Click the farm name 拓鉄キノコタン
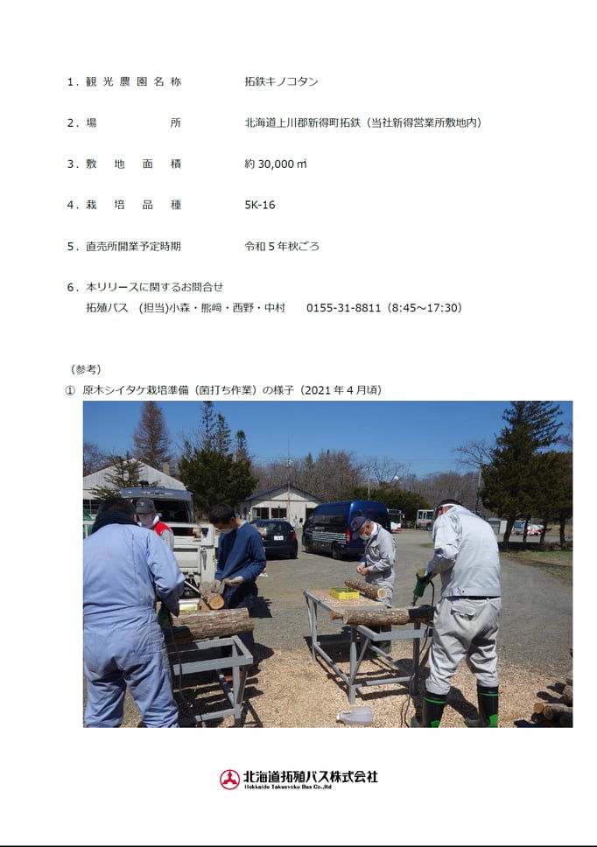tap(281, 81)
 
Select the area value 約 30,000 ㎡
tap(276, 164)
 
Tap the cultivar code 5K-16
tap(260, 205)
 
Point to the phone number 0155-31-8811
tap(344, 308)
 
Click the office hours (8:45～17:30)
tap(424, 308)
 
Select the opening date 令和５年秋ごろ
tap(282, 247)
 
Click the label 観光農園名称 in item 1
tap(133, 81)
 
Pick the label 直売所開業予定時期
tap(133, 247)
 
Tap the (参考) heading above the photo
tap(86, 369)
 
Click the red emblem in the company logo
tap(229, 780)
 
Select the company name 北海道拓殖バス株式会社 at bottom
tap(311, 777)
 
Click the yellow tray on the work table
tap(344, 593)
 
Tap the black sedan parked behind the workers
tap(276, 537)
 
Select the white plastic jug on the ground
tap(355, 717)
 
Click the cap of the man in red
tap(144, 506)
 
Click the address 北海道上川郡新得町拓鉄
tap(303, 122)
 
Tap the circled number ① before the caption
tap(70, 390)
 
